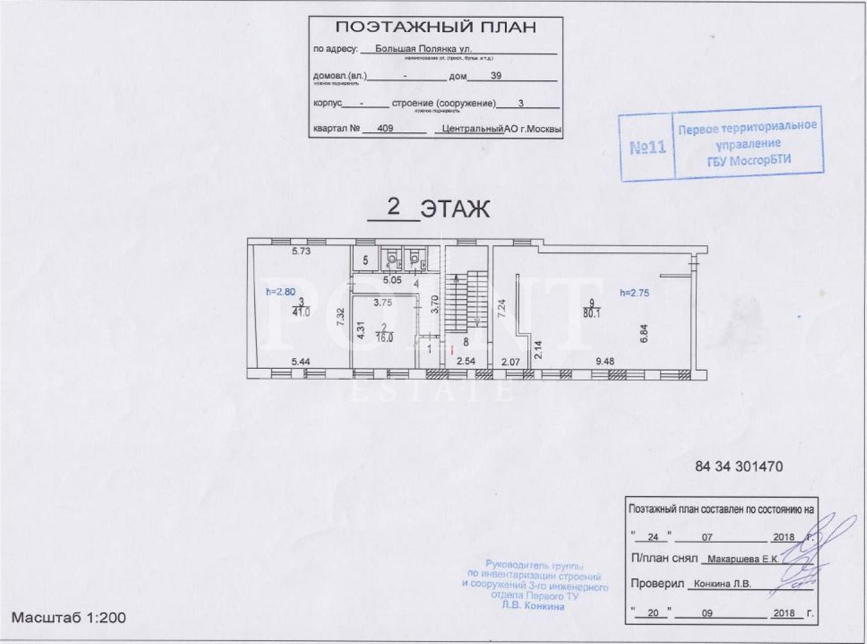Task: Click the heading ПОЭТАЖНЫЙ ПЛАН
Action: coord(436,27)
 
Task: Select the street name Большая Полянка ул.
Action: coord(423,49)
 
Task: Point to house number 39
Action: coord(496,75)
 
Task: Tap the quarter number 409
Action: coord(385,128)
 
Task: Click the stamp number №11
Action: coord(648,147)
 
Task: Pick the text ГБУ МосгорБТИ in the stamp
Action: coord(749,160)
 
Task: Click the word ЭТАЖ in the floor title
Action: coord(454,209)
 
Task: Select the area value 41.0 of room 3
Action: coord(301,312)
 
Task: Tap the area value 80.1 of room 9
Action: coord(592,313)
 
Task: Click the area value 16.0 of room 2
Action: coord(384,338)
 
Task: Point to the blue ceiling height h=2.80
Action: coord(280,292)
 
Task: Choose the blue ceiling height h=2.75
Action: coord(634,292)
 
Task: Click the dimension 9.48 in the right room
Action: coord(604,361)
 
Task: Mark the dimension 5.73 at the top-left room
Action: coord(301,251)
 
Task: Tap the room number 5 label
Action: coord(365,261)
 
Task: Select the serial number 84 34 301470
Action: coord(738,466)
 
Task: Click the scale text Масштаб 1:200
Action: coord(68,617)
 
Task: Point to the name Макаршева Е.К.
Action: coord(743,559)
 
